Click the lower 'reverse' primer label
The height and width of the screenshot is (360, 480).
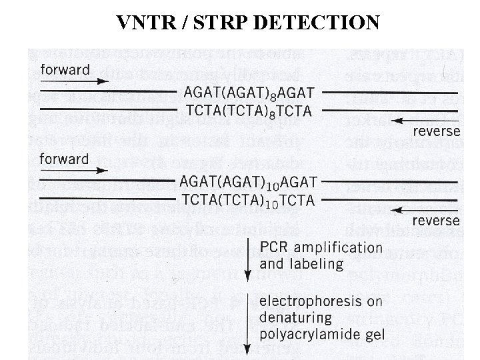436,220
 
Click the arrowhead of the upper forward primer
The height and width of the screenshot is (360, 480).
103,82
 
